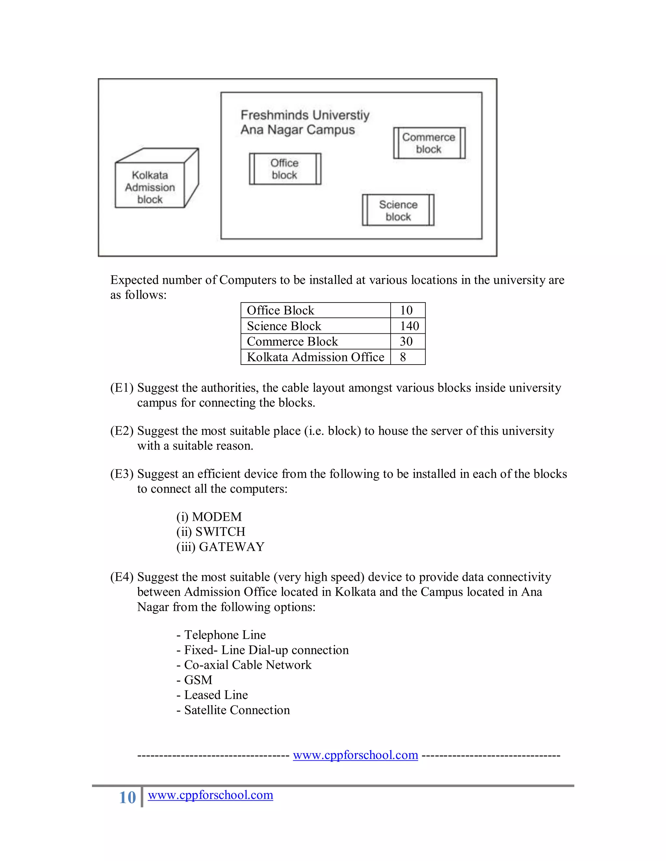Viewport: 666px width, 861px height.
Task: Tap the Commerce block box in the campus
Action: pyautogui.click(x=429, y=143)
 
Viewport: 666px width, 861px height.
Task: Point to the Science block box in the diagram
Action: pyautogui.click(x=398, y=211)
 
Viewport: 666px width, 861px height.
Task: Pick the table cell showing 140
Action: pyautogui.click(x=409, y=326)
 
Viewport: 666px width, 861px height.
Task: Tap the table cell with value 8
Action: pyautogui.click(x=403, y=357)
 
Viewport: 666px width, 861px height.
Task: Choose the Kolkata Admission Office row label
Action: pyautogui.click(x=315, y=357)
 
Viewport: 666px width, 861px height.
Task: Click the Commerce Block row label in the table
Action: pyautogui.click(x=292, y=341)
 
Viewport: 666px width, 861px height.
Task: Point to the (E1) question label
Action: pyautogui.click(x=122, y=388)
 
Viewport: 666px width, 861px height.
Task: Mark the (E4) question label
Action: pyautogui.click(x=122, y=577)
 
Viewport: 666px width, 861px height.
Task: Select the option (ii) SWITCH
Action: pyautogui.click(x=211, y=532)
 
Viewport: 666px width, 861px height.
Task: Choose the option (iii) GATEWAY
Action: pyautogui.click(x=220, y=547)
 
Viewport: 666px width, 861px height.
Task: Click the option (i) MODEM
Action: pyautogui.click(x=209, y=517)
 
